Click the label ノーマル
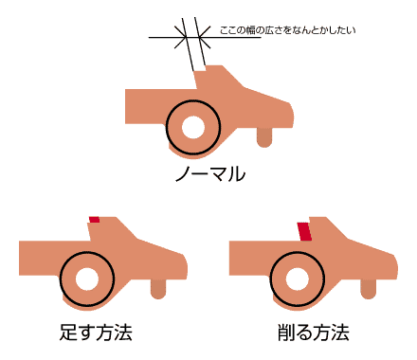[x=210, y=174]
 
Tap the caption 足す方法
[x=96, y=333]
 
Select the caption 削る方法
[x=314, y=333]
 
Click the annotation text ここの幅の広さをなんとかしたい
[x=287, y=30]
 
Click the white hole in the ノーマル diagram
[x=193, y=127]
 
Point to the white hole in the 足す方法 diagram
[x=87, y=279]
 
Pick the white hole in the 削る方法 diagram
[x=298, y=279]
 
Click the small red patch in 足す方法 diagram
[x=94, y=220]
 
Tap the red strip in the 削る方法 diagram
[x=304, y=231]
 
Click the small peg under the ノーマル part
[x=264, y=137]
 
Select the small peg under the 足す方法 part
[x=158, y=289]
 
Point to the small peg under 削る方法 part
[x=369, y=289]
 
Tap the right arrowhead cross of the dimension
[x=200, y=38]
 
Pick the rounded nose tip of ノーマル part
[x=293, y=115]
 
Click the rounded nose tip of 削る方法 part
[x=397, y=266]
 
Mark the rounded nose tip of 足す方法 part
[x=187, y=266]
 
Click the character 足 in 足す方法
[x=68, y=333]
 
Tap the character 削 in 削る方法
[x=286, y=333]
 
